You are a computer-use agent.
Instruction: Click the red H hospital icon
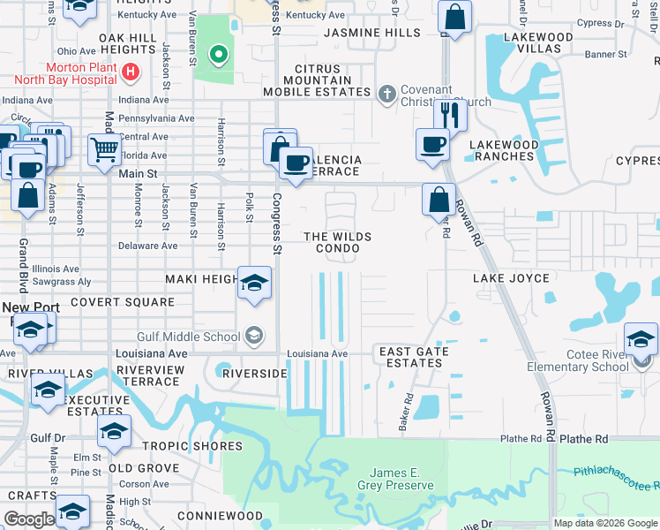pos(130,71)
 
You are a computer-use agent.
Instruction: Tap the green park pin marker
pos(218,55)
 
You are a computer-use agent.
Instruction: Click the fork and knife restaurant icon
pos(450,114)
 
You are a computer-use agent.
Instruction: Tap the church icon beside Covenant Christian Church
pos(386,94)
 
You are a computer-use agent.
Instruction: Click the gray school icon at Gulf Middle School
pos(253,335)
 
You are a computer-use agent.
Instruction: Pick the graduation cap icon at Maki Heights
pos(254,283)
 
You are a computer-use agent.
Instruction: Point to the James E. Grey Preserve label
pos(395,479)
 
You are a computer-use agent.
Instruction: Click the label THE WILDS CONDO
pos(337,243)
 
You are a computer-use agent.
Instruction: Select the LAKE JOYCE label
pos(511,278)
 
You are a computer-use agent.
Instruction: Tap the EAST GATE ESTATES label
pos(414,357)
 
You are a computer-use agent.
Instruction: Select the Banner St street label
pos(605,55)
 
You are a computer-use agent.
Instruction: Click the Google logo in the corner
pos(30,519)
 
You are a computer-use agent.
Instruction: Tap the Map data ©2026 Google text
pos(604,523)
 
